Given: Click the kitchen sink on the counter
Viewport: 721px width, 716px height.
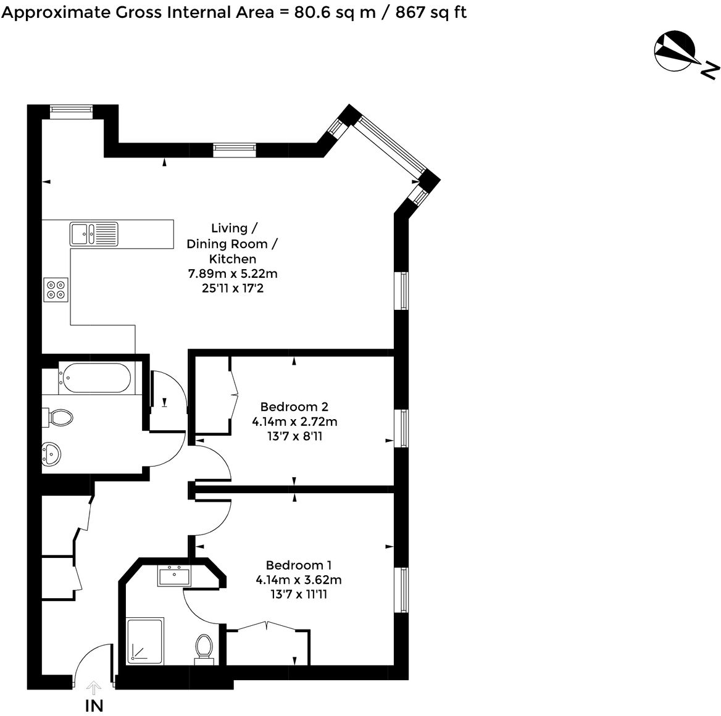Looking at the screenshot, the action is pos(94,233).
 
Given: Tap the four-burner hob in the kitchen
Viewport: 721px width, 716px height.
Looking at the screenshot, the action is pos(56,289).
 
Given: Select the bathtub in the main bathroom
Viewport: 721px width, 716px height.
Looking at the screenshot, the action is pos(94,378).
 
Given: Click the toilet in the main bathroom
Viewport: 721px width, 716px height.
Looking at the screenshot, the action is pos(59,418).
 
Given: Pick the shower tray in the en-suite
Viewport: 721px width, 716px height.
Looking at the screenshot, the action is pos(145,641).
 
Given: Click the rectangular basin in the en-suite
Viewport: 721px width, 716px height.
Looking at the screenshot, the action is pos(174,577).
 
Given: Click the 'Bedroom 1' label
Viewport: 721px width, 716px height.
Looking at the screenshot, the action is pos(298,565).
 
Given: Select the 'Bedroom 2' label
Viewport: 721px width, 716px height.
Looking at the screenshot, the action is pos(294,407).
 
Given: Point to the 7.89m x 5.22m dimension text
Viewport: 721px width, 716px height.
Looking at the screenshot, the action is pos(233,273).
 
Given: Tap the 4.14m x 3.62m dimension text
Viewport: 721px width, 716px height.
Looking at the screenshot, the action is pos(298,580).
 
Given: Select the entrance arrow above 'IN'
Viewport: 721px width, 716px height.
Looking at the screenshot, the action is pos(94,688).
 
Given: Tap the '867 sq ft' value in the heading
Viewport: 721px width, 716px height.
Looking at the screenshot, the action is pos(431,12).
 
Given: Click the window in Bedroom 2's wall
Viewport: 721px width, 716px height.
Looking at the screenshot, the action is pos(404,428).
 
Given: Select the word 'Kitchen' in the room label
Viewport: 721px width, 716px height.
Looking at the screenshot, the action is pos(233,259).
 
